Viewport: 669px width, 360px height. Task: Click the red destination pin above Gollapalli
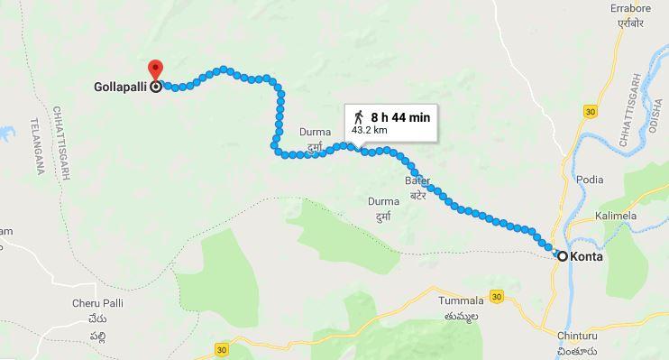click(x=155, y=69)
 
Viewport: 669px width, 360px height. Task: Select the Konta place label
click(x=587, y=257)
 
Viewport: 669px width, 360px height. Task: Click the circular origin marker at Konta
click(x=563, y=257)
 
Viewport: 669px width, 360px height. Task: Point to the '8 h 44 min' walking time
click(x=400, y=117)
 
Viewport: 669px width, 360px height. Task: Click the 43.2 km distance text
click(x=369, y=130)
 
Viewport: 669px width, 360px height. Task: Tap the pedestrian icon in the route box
click(x=359, y=117)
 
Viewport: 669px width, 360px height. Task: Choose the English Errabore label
click(x=630, y=8)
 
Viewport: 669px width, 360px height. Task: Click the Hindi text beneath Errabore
click(x=630, y=23)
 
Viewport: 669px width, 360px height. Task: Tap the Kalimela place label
click(x=616, y=217)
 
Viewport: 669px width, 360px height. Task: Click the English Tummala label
click(x=460, y=300)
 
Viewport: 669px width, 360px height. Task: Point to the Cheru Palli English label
click(x=97, y=303)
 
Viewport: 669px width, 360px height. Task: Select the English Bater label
click(x=417, y=181)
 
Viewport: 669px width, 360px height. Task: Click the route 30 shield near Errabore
click(x=591, y=111)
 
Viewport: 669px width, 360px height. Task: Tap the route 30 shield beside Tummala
click(x=497, y=296)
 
